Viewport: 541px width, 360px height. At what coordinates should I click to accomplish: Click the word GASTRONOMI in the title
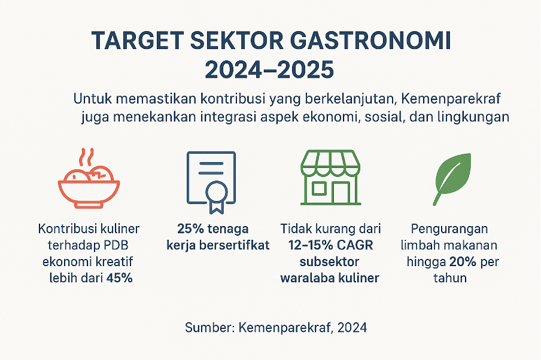(x=370, y=41)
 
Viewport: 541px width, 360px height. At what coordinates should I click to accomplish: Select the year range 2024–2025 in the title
(x=269, y=70)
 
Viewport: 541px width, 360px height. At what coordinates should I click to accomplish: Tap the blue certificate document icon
(x=211, y=182)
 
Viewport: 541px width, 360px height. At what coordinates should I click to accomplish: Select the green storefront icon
(x=330, y=178)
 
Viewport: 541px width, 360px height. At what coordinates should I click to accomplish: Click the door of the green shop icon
(x=341, y=193)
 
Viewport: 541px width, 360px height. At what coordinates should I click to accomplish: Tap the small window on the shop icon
(x=318, y=188)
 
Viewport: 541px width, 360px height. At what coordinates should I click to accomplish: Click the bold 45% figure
(x=119, y=278)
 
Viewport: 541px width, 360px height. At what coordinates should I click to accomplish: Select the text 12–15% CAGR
(x=331, y=245)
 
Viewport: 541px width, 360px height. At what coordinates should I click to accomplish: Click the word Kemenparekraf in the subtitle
(x=451, y=99)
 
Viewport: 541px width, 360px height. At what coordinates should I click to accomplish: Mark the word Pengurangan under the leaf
(x=449, y=229)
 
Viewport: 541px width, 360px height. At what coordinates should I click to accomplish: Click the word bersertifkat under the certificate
(x=234, y=245)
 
